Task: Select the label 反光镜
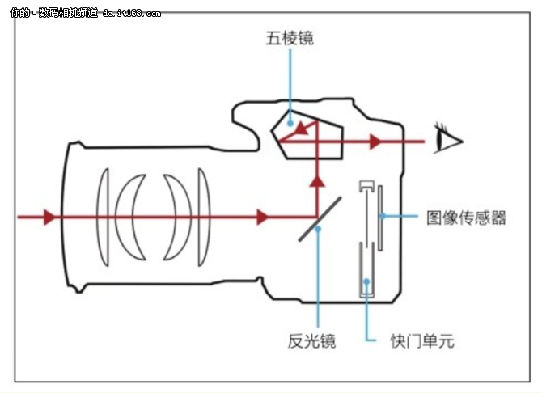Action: pos(311,341)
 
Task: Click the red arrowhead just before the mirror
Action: pos(261,217)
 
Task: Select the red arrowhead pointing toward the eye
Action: pos(375,142)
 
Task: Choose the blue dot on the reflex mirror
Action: pos(320,228)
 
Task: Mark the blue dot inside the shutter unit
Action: pos(366,282)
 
